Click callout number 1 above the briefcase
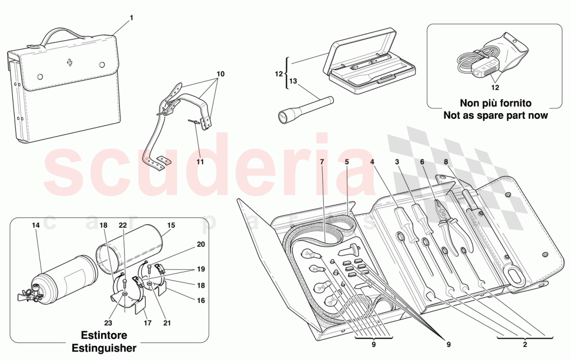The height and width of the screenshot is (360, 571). [131, 18]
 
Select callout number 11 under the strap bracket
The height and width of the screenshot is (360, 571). [200, 162]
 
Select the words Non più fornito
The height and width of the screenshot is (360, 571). [495, 104]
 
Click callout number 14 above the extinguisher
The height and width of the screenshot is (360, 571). [35, 226]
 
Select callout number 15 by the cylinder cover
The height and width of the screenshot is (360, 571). [171, 226]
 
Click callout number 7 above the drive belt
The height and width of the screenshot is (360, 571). [322, 162]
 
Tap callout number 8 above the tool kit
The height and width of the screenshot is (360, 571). [446, 162]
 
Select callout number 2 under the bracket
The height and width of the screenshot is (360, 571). [525, 343]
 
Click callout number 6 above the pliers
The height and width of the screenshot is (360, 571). [422, 162]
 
